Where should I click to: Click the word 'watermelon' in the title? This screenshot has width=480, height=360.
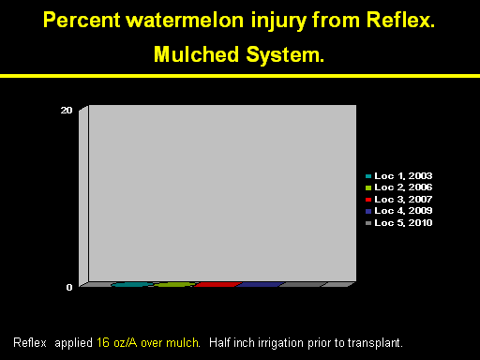pos(185,21)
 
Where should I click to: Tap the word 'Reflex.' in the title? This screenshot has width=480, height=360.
pos(400,20)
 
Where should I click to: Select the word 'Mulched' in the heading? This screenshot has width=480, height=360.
pos(197,54)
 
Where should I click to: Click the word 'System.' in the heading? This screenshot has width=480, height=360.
pos(285,55)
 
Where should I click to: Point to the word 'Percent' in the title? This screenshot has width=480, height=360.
pos(82,21)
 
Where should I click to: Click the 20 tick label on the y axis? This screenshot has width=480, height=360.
pos(67,110)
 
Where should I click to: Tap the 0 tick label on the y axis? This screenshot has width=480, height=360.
pos(69,287)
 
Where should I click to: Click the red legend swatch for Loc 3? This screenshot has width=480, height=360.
pos(368,200)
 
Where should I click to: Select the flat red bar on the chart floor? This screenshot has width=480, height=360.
pos(217,284)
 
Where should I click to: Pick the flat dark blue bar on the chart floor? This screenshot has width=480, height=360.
pos(260,284)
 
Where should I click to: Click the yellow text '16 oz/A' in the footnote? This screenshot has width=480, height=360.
pos(116,343)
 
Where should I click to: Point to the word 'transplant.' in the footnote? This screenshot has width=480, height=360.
pos(375,343)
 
